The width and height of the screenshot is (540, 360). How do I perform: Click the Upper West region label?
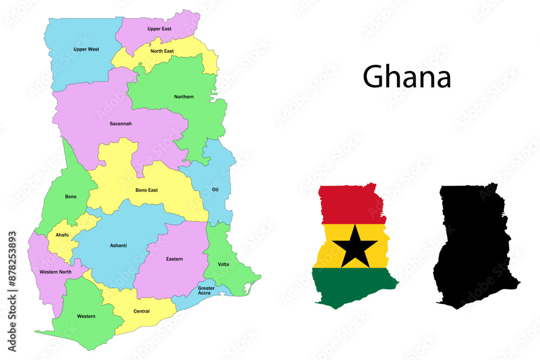tap(86, 49)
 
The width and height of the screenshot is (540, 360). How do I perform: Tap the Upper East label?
tap(159, 29)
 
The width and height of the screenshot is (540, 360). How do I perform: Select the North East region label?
tap(162, 51)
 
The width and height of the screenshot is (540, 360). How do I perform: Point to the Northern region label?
tap(184, 97)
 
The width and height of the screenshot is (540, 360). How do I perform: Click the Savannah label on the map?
tap(120, 124)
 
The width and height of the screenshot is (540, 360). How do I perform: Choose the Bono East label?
tap(146, 190)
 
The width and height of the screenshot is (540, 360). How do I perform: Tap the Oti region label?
tap(215, 189)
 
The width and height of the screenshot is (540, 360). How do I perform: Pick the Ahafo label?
tap(62, 235)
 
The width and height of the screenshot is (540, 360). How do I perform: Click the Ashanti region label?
tap(118, 246)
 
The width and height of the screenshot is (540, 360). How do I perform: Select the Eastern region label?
tap(174, 259)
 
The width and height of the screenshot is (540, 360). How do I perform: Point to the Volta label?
tap(223, 264)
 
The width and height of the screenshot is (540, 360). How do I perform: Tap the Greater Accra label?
tap(206, 290)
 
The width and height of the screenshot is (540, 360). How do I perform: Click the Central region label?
tap(141, 311)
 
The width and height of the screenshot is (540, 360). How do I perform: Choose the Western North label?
tap(55, 272)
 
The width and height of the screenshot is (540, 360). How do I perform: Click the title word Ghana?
tap(407, 77)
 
